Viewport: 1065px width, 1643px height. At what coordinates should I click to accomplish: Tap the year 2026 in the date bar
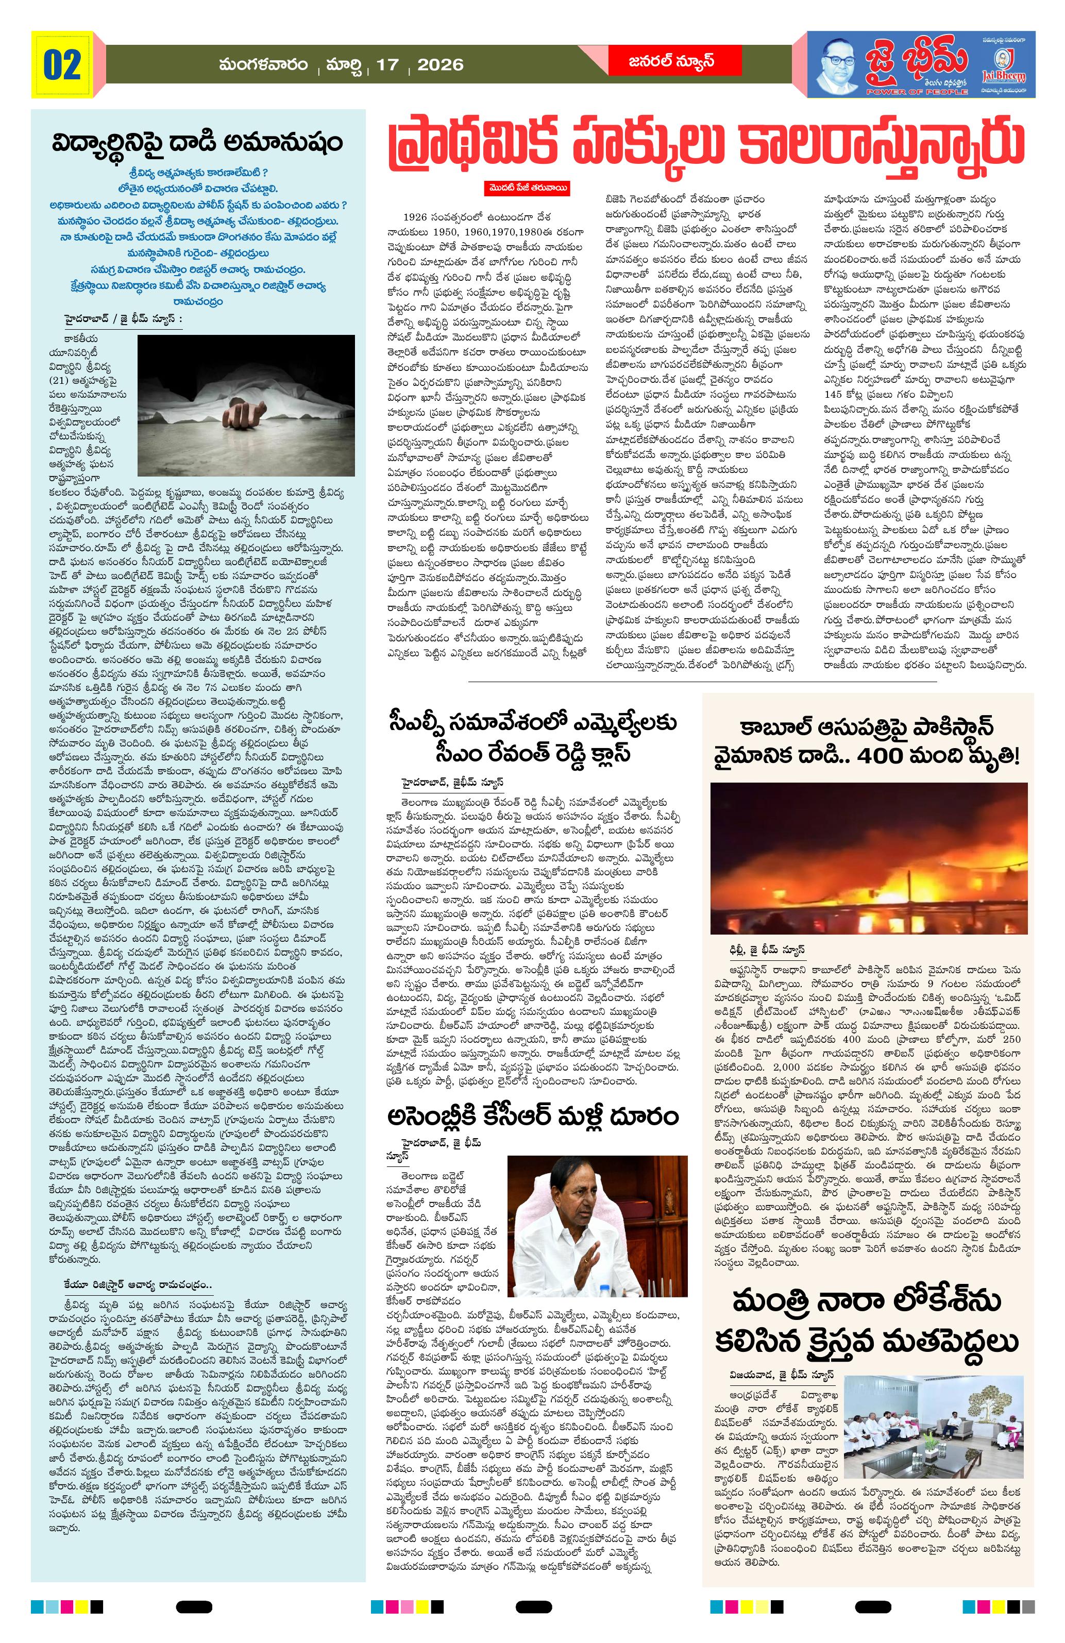pos(441,65)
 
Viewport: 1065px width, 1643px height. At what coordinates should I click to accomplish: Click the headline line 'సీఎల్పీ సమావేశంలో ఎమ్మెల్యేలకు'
pos(531,723)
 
